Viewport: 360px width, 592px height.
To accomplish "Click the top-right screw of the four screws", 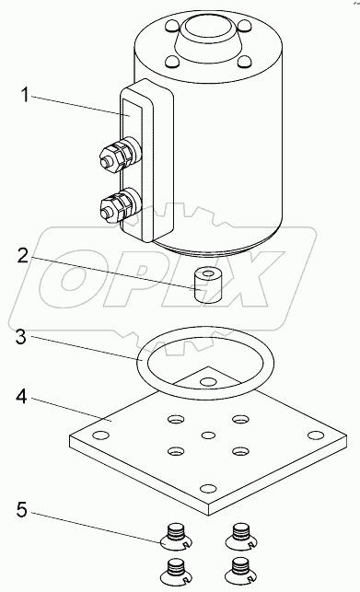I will point(242,531).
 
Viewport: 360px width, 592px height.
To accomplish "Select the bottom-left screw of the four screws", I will point(172,568).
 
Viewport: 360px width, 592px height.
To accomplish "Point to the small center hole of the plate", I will point(207,433).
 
